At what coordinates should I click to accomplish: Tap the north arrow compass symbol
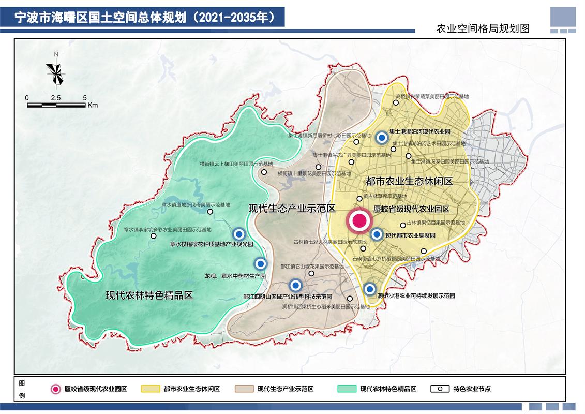coord(55,71)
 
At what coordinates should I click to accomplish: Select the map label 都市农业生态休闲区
coord(409,182)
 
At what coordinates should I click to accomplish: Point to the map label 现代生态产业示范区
coord(292,209)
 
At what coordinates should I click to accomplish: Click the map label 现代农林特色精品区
coord(149,295)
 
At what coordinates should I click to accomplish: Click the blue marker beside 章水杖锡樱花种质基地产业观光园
coord(239,234)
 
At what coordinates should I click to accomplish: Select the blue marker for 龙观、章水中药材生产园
coord(261,264)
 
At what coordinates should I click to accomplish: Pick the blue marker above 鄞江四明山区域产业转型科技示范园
coord(295,285)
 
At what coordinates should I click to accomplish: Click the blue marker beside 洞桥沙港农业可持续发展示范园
coord(369,289)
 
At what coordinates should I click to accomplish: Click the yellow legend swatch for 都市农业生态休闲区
coord(151,389)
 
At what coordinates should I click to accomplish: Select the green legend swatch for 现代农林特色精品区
coord(347,389)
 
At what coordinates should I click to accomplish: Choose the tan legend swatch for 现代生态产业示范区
coord(244,389)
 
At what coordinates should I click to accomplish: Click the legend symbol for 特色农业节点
coord(440,389)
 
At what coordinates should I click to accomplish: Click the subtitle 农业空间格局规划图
coord(483,28)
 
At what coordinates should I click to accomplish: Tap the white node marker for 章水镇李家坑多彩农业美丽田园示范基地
coord(153,236)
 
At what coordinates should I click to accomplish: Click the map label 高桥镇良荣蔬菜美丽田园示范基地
coord(432,96)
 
